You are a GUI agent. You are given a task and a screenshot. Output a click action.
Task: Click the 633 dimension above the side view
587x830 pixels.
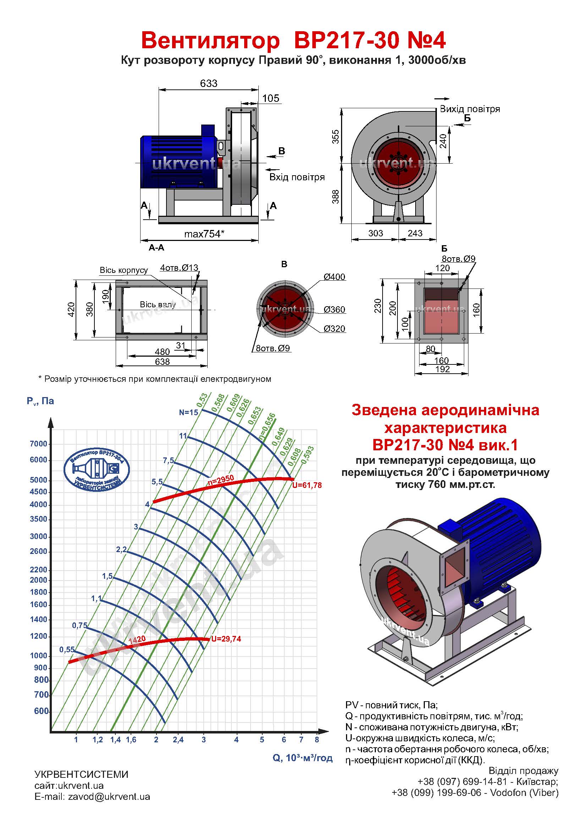(209, 83)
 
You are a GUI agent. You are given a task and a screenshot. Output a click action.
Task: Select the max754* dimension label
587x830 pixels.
(204, 234)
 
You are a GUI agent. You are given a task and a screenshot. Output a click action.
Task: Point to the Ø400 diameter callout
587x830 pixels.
(334, 277)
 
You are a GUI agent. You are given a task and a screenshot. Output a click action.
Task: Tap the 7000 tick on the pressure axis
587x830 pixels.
(39, 444)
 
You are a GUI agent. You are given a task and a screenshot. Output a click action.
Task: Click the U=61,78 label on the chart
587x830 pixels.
(307, 485)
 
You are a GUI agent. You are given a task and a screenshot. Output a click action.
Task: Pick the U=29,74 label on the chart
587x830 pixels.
(226, 639)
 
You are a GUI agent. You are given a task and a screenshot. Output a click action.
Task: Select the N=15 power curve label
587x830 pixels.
(188, 412)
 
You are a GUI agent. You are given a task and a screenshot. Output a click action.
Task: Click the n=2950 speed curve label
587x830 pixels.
(221, 480)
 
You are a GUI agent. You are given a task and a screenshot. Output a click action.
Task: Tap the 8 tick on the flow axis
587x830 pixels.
(317, 740)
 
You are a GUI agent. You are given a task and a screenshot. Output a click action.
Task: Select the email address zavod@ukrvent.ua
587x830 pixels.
(109, 796)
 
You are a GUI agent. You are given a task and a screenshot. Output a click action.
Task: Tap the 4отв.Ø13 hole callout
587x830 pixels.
(179, 268)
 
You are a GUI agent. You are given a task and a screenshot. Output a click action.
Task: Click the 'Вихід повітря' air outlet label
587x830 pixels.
(470, 109)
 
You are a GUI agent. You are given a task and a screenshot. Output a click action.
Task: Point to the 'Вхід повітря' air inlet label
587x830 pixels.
(297, 177)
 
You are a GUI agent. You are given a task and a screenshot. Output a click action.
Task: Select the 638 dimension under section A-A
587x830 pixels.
(162, 362)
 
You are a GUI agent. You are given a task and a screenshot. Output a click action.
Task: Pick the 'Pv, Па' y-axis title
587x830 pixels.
(40, 401)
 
